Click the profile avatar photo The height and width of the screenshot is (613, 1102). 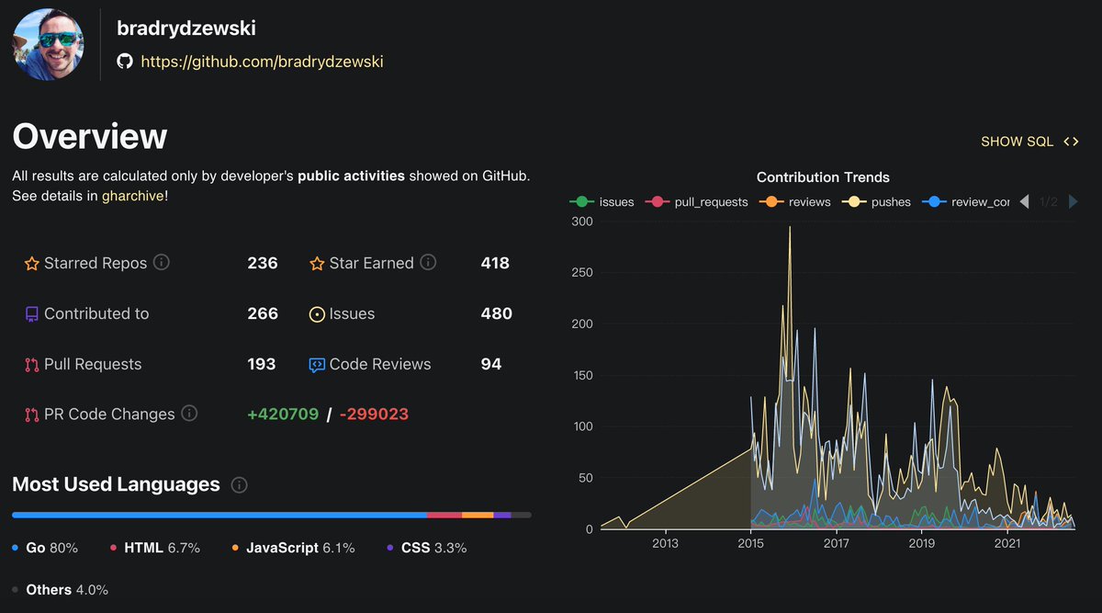49,44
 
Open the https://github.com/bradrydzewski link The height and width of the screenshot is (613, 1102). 262,62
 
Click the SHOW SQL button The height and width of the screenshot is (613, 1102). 1029,142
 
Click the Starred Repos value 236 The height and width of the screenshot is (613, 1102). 263,263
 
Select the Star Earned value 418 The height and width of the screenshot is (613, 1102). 495,263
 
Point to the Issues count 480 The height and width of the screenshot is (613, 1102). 496,313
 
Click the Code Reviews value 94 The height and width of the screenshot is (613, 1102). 491,364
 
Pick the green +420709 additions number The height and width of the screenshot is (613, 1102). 283,414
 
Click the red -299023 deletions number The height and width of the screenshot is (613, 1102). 374,414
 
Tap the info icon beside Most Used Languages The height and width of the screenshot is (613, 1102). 240,484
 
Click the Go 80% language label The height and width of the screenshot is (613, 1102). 51,548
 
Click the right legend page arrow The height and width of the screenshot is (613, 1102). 1073,201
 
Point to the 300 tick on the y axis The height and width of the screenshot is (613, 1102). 580,221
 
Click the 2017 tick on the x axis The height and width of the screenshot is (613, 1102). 836,543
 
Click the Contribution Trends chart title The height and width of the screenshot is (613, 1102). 823,177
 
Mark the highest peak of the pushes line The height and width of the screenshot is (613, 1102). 790,227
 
